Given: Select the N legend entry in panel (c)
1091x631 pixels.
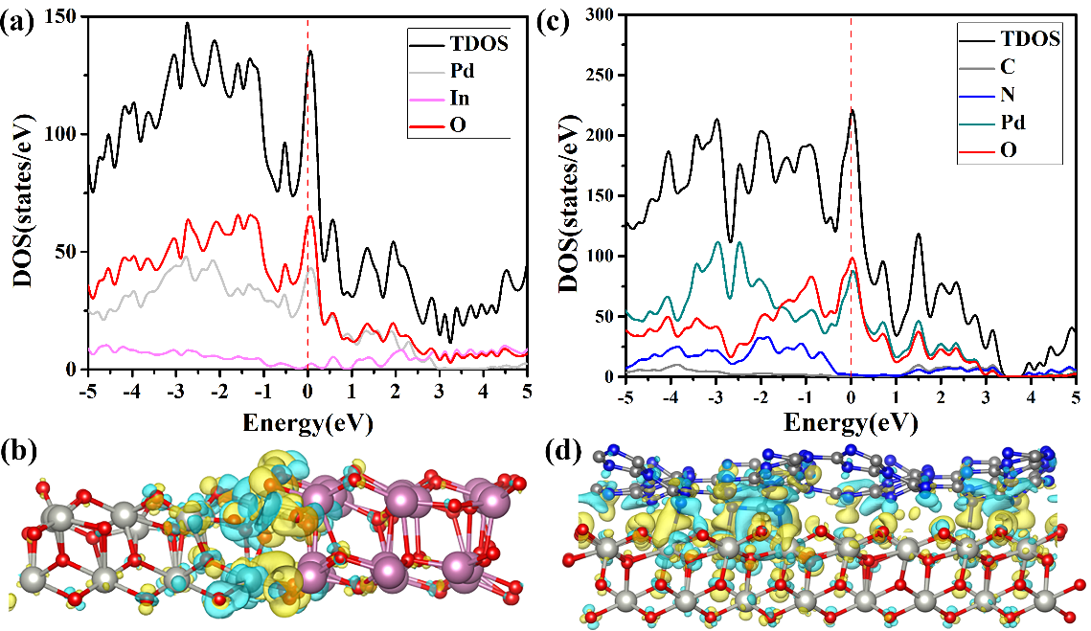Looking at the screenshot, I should pyautogui.click(x=1010, y=94).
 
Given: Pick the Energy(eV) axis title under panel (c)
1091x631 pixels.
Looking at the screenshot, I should pyautogui.click(x=851, y=421).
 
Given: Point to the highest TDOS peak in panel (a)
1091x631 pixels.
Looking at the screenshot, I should pyautogui.click(x=187, y=24).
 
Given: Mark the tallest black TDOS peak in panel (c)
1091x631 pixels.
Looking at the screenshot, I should pyautogui.click(x=852, y=110).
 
